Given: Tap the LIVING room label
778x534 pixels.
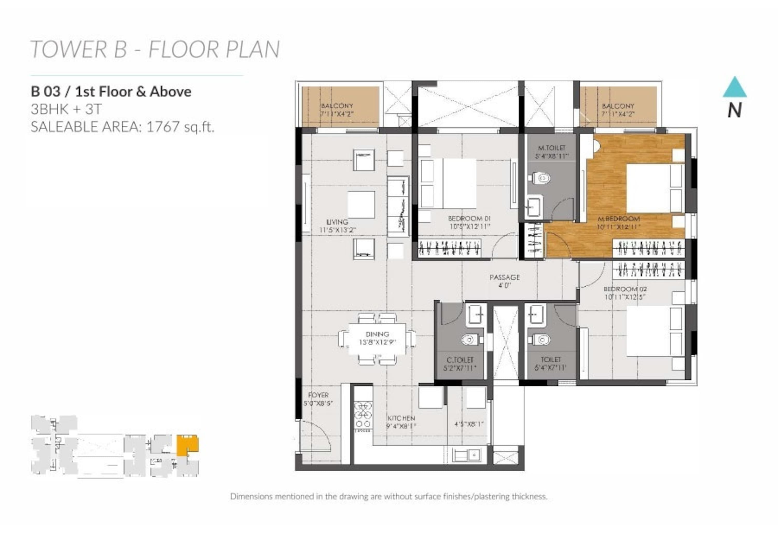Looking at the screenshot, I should click(337, 222).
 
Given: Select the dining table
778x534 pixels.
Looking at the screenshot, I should click(377, 339).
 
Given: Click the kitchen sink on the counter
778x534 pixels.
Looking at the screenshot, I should click(466, 455).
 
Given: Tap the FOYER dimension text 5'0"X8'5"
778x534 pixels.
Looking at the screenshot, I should click(318, 404).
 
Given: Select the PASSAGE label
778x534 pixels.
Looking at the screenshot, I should click(504, 277).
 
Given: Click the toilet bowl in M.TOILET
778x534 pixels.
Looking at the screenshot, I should click(541, 178).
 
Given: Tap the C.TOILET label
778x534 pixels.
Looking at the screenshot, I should click(460, 360).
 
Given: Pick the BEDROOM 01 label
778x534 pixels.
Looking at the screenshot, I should click(469, 219).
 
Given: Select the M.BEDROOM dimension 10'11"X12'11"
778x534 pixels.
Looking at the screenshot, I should click(619, 227).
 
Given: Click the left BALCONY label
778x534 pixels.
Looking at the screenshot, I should click(337, 106).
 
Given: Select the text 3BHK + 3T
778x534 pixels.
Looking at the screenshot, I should click(66, 109).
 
